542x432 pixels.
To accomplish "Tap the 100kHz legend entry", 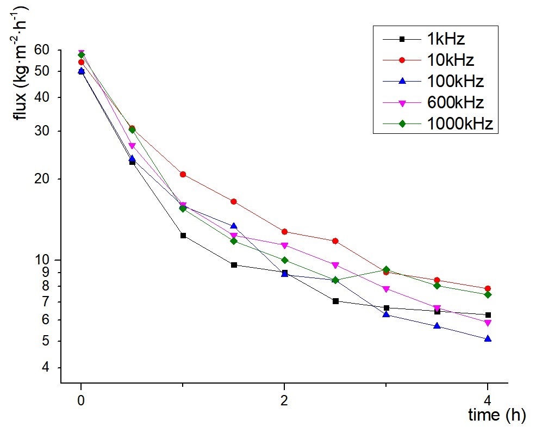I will (454, 82).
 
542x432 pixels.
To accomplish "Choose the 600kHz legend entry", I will (454, 103).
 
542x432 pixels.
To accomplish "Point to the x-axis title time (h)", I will (497, 415).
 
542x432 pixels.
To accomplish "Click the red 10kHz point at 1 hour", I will (183, 175).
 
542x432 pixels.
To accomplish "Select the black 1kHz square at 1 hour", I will (183, 236).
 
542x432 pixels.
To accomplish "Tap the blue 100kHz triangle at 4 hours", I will (488, 338).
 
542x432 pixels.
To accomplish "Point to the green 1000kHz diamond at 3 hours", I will (386, 270).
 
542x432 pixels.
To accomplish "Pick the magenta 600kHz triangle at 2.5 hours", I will (335, 266).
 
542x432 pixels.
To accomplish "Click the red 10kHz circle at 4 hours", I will (488, 288).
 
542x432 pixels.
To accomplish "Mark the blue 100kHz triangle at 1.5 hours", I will (234, 226).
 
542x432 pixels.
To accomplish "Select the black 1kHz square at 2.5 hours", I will (335, 301).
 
